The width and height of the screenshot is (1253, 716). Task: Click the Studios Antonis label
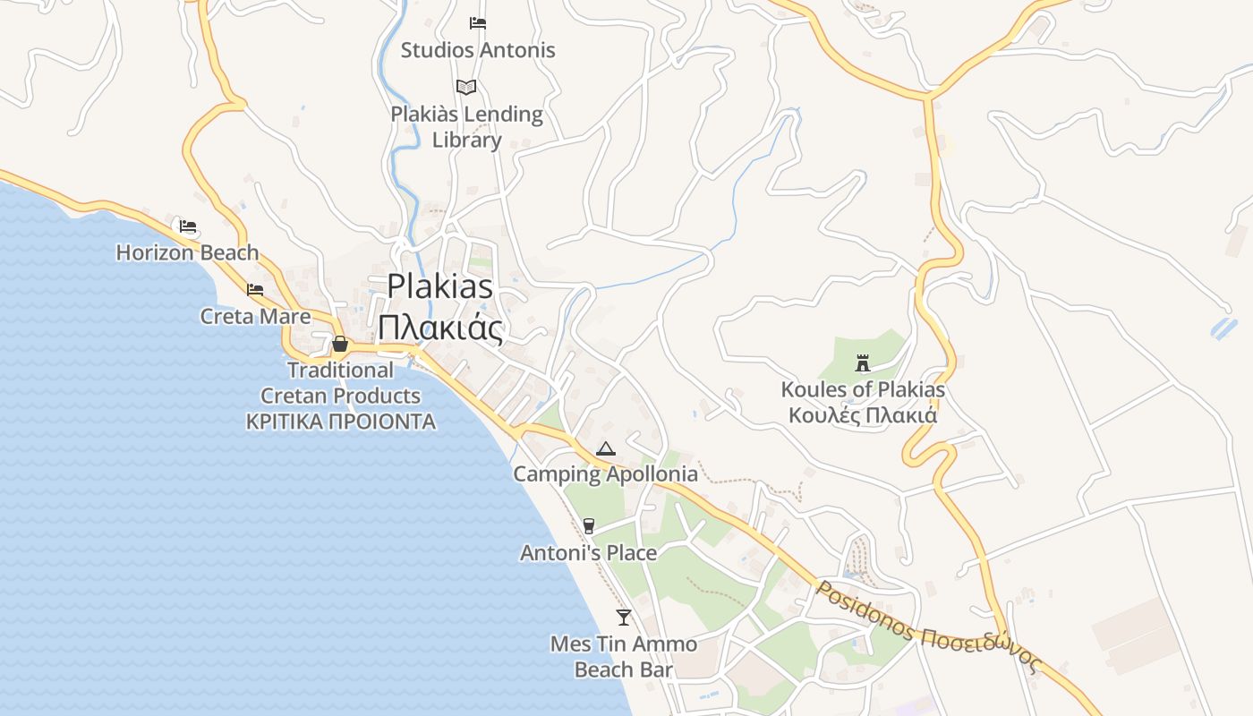coord(478,50)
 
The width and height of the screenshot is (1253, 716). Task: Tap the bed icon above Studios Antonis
coord(478,23)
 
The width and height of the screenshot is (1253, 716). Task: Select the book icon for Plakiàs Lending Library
coord(465,87)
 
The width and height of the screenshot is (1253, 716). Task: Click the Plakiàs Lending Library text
coord(466,127)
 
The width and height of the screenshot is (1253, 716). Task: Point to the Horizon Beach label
coord(187,253)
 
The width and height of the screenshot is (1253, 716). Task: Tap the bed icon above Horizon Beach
coord(187,226)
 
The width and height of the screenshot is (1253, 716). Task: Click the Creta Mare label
coord(256,316)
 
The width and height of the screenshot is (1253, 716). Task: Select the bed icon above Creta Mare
coord(255,289)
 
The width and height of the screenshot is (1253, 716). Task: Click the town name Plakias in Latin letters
coord(439,286)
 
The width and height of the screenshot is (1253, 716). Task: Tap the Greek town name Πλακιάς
coord(439,328)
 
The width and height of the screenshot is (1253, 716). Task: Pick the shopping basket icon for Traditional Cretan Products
coord(340,344)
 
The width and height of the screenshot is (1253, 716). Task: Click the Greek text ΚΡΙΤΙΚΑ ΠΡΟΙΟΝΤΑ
coord(341,422)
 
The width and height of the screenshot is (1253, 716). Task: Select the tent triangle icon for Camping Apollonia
coord(606,448)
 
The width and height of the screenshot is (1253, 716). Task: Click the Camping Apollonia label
coord(605,474)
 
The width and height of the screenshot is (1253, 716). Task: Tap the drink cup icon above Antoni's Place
coord(588,525)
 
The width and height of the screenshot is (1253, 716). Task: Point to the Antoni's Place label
coord(589,553)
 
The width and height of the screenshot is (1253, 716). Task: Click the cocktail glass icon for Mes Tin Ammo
coord(624,617)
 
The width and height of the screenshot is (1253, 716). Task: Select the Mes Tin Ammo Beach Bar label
coord(624,656)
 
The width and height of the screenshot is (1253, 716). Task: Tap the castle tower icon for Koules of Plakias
coord(863,362)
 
